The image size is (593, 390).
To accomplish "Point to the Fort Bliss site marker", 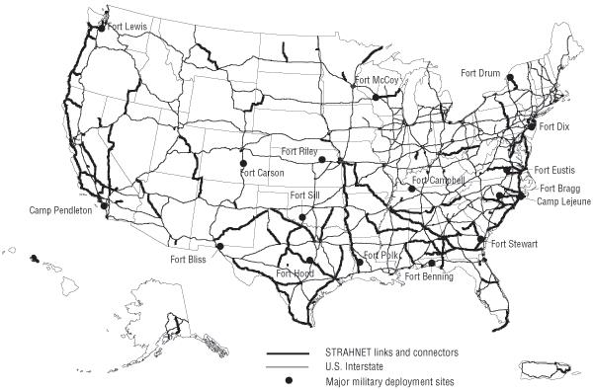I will click(220, 247).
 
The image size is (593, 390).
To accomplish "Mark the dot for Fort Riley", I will click(322, 158).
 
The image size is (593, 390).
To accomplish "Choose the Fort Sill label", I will click(307, 195).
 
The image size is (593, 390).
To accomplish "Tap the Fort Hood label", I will click(296, 273).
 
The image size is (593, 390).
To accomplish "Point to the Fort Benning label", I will click(430, 276).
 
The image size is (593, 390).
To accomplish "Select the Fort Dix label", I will click(556, 127).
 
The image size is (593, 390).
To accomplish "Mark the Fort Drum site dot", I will click(511, 77).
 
